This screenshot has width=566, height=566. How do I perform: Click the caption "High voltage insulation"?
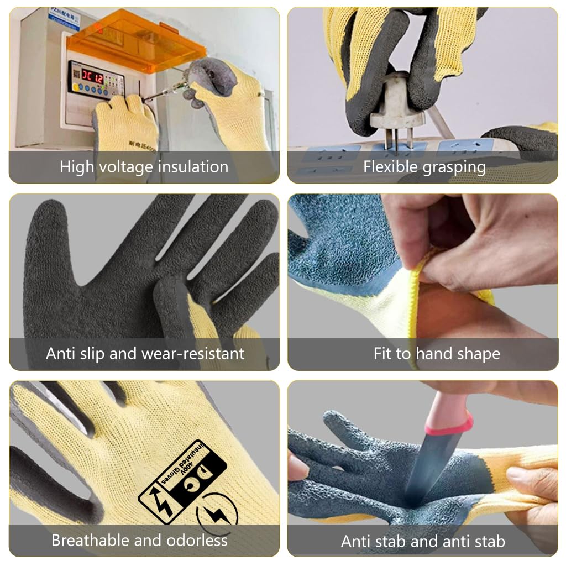click(x=144, y=166)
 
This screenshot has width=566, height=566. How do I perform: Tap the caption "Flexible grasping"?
click(x=424, y=166)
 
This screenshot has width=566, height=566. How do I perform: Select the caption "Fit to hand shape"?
click(x=437, y=353)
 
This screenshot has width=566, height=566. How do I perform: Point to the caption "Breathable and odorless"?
click(x=139, y=540)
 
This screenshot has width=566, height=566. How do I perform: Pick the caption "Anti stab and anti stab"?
click(x=423, y=541)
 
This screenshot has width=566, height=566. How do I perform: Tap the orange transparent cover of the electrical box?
click(x=138, y=44)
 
